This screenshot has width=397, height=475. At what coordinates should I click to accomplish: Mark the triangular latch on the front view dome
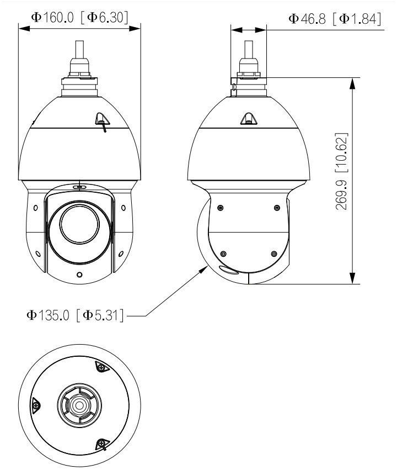point(101,118)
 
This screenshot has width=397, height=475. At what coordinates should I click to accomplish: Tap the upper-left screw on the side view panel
point(221,208)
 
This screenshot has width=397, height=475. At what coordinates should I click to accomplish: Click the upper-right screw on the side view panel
point(277,208)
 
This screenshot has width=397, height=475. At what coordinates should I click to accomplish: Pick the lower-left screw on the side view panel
point(223,254)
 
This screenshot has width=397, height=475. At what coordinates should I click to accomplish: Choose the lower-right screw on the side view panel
point(273,254)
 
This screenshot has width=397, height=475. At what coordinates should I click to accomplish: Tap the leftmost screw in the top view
point(36,405)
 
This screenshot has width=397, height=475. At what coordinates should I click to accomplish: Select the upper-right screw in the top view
point(101,366)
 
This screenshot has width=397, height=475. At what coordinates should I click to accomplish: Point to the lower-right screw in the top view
point(101,444)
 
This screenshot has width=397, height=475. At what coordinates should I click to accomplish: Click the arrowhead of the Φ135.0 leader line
point(207,267)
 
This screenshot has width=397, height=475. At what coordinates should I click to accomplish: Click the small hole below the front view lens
point(79,275)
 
